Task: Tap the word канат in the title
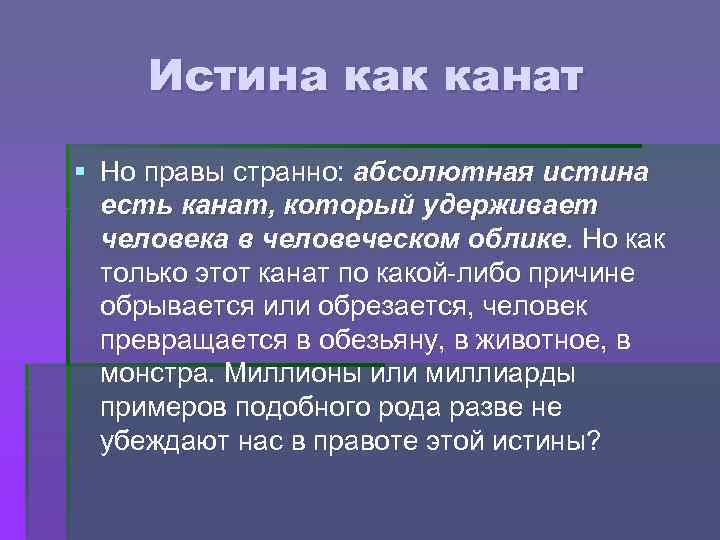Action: click(510, 76)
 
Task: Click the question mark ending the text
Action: click(595, 443)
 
